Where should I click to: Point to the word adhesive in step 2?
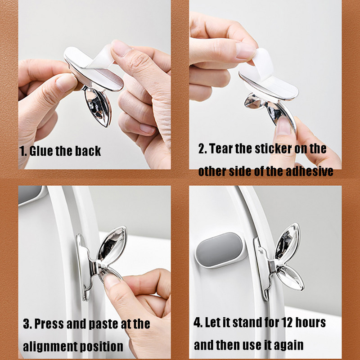click(x=309, y=171)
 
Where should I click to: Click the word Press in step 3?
click(x=49, y=324)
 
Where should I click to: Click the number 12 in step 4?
click(x=287, y=322)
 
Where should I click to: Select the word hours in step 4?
click(x=310, y=322)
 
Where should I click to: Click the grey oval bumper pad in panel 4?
click(x=219, y=250)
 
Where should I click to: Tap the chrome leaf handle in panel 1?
click(x=98, y=107)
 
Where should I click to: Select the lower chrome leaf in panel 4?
click(x=291, y=277)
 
